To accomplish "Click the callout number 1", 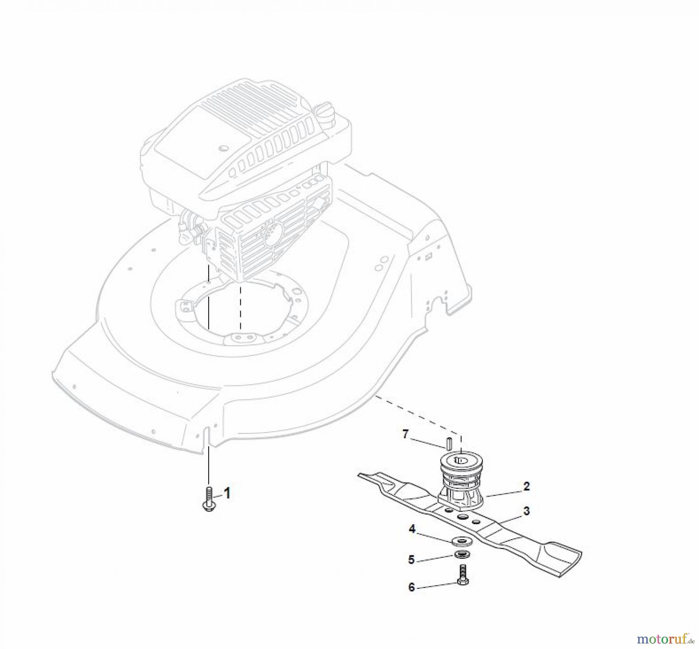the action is coord(227,493).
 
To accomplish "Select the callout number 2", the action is coord(526,486).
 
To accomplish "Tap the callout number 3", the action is coord(526,511).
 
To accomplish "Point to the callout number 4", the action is coord(412,529).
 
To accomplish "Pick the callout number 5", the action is coord(412,560).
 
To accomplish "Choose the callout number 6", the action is coord(412,588).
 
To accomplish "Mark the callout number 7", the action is coord(405,434).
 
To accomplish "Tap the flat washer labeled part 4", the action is coord(463,541).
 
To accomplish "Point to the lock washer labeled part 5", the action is coord(462,555).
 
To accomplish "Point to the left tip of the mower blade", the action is coord(359,474).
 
